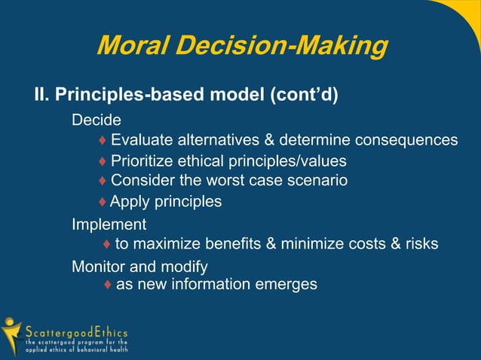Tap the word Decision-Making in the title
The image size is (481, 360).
[285, 47]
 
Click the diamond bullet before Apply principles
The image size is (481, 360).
[103, 202]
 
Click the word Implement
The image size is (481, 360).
[109, 224]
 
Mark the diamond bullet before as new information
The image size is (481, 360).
[108, 285]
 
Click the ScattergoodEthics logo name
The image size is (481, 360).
[76, 332]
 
